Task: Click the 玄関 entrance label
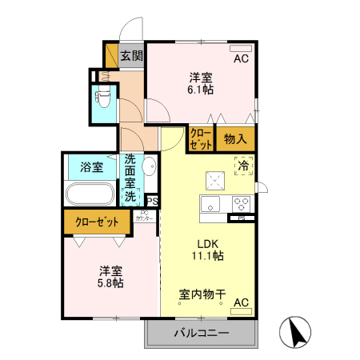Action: (132, 56)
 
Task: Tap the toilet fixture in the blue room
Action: (103, 99)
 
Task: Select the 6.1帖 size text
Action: (200, 91)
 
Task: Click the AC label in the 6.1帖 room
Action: (240, 59)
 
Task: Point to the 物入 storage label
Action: (234, 139)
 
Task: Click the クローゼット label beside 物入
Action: (200, 139)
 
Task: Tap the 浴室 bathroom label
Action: (92, 167)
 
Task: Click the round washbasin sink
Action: (149, 166)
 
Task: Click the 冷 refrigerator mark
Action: (242, 166)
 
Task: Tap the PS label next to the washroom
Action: (152, 202)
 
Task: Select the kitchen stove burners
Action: (242, 202)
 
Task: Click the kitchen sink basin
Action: (212, 202)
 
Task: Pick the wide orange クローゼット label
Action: (98, 222)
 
